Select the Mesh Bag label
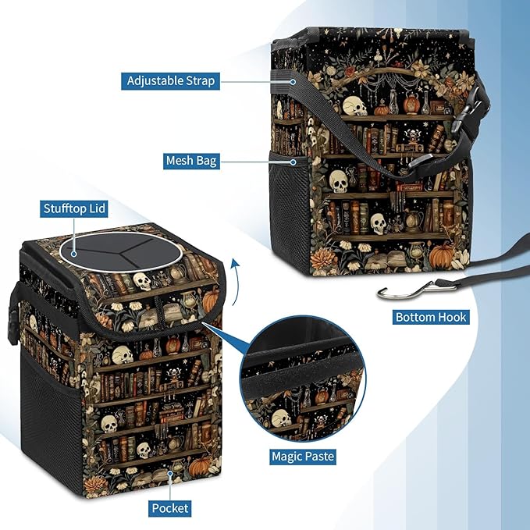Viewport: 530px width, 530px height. pyautogui.click(x=190, y=162)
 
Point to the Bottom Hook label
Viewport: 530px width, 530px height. pyautogui.click(x=432, y=317)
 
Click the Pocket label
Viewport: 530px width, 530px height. pyautogui.click(x=170, y=507)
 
